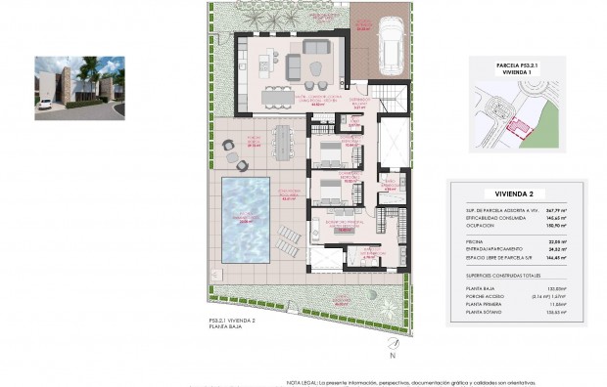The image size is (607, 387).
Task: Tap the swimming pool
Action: [x=244, y=221]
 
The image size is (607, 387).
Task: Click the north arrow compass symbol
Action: [x=393, y=344]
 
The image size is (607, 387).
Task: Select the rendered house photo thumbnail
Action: [x=79, y=88]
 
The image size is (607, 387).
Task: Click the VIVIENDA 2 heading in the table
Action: [x=514, y=193]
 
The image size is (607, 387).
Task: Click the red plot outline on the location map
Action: [x=519, y=127]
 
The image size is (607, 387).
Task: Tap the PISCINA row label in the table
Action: [x=477, y=241]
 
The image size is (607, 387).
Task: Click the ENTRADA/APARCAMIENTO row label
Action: [x=494, y=250]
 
